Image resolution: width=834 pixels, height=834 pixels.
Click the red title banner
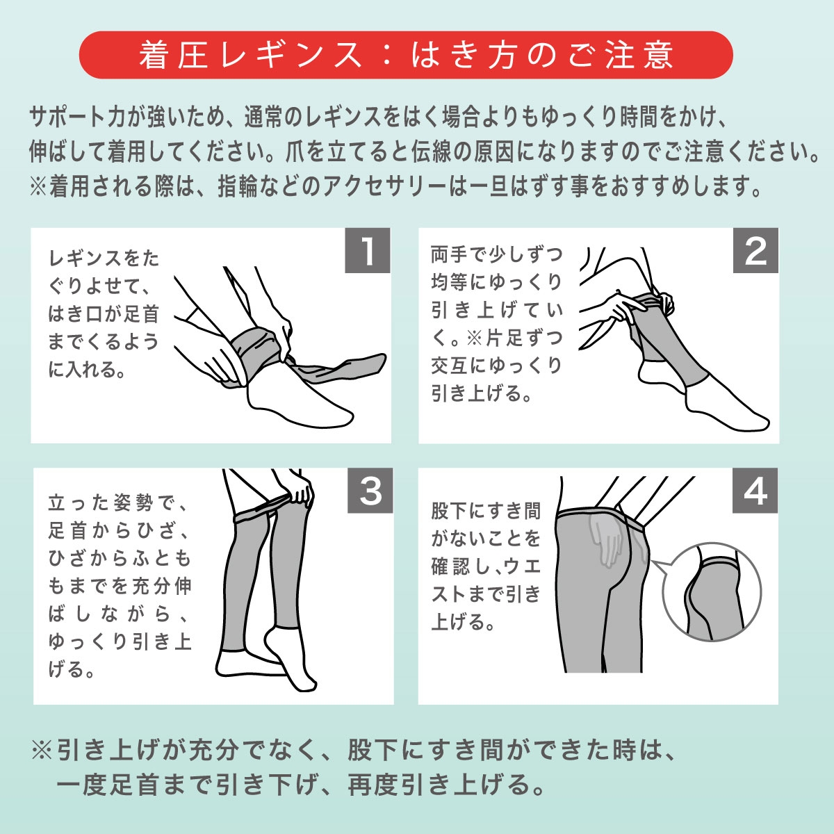click(x=405, y=55)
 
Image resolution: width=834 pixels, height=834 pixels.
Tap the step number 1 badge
click(x=368, y=251)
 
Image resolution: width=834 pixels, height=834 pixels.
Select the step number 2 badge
click(x=755, y=251)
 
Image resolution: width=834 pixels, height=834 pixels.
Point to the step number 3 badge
click(x=370, y=491)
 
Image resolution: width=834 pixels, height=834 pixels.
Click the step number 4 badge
click(x=755, y=491)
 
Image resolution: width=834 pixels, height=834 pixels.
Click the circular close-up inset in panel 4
click(x=712, y=591)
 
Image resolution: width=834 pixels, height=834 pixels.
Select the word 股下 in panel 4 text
click(x=449, y=511)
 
